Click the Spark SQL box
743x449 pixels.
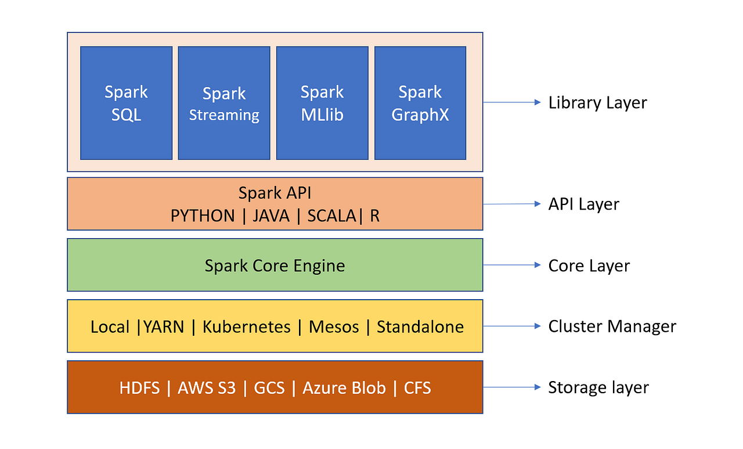tap(126, 103)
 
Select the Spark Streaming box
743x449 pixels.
tap(224, 103)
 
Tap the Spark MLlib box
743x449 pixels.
tap(322, 103)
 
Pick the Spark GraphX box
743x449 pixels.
tap(420, 103)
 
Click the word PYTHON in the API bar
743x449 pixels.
tap(203, 216)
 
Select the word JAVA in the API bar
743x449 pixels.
tap(271, 216)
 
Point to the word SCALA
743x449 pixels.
tap(331, 216)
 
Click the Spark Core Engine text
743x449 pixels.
tap(275, 266)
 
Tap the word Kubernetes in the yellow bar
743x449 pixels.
tap(246, 326)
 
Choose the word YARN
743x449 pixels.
tap(163, 326)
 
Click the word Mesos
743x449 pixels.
tap(334, 326)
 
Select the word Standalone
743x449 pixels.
tap(420, 326)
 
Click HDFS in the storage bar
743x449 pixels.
tap(139, 388)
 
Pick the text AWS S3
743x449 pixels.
tap(207, 388)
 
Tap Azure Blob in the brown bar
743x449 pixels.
tap(344, 388)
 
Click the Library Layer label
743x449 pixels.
tap(597, 103)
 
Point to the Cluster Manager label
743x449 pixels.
tap(612, 326)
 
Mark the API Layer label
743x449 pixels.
tap(583, 204)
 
